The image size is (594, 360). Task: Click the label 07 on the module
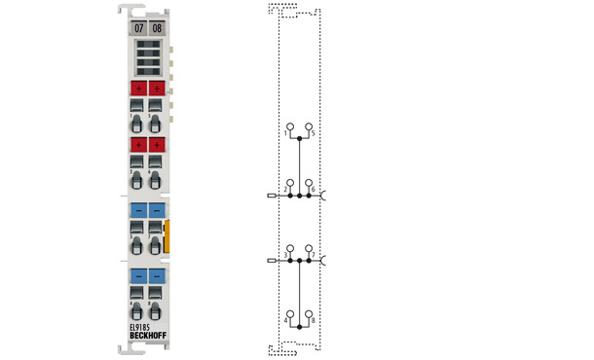[x=138, y=28]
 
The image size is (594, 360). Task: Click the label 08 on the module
[x=157, y=28]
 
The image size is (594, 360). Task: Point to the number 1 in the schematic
[x=286, y=132]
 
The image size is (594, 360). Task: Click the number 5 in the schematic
[x=312, y=132]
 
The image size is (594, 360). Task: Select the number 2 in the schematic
[x=286, y=187]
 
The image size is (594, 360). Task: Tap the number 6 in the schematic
[x=312, y=187]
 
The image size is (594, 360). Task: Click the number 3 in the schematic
[x=286, y=255]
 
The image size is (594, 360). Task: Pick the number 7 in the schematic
[x=312, y=255]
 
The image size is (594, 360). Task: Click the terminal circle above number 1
[x=289, y=126]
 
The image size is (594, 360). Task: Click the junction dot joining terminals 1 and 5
[x=299, y=139]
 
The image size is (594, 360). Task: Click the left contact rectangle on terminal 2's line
[x=270, y=195]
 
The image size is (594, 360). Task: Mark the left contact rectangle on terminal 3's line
[x=270, y=261]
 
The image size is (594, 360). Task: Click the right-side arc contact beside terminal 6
[x=323, y=195]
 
